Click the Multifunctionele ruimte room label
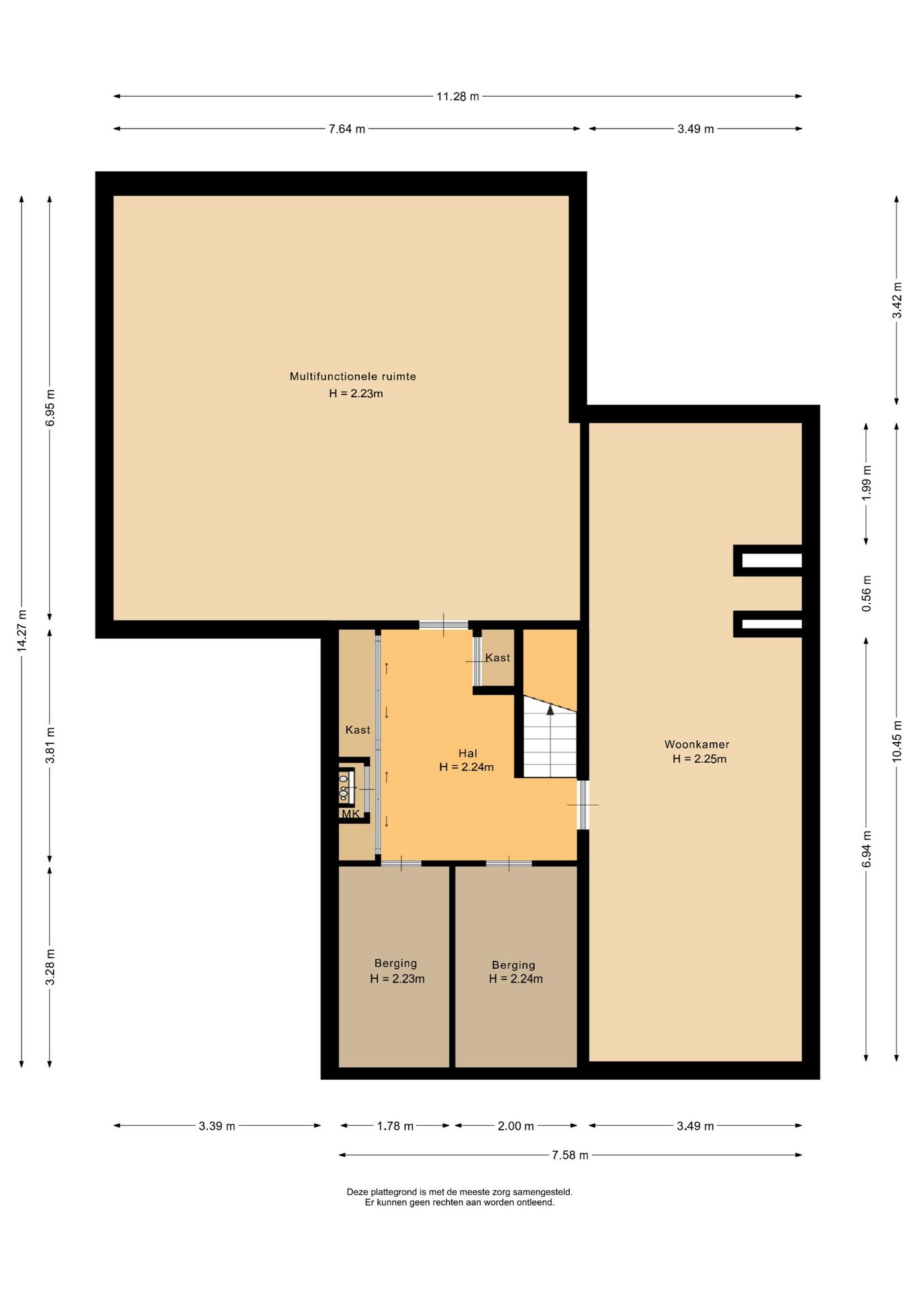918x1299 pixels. click(353, 376)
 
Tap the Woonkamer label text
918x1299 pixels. click(697, 744)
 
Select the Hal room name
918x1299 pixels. click(468, 753)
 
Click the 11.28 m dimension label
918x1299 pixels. click(458, 96)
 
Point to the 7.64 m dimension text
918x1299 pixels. click(347, 129)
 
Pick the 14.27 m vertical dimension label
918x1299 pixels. click(22, 631)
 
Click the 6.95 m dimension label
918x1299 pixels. click(50, 408)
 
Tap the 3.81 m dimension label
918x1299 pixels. click(50, 745)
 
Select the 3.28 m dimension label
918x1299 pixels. click(50, 967)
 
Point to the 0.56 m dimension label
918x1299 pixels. click(867, 593)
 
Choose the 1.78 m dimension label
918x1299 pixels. click(395, 1126)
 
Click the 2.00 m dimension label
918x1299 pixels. click(516, 1126)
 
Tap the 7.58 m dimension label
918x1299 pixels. click(570, 1155)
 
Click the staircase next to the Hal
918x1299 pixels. click(550, 737)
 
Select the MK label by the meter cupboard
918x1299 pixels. click(351, 814)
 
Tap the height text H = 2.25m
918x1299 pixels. click(700, 759)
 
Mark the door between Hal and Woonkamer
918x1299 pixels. click(583, 804)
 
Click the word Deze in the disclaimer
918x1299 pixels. click(358, 1192)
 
